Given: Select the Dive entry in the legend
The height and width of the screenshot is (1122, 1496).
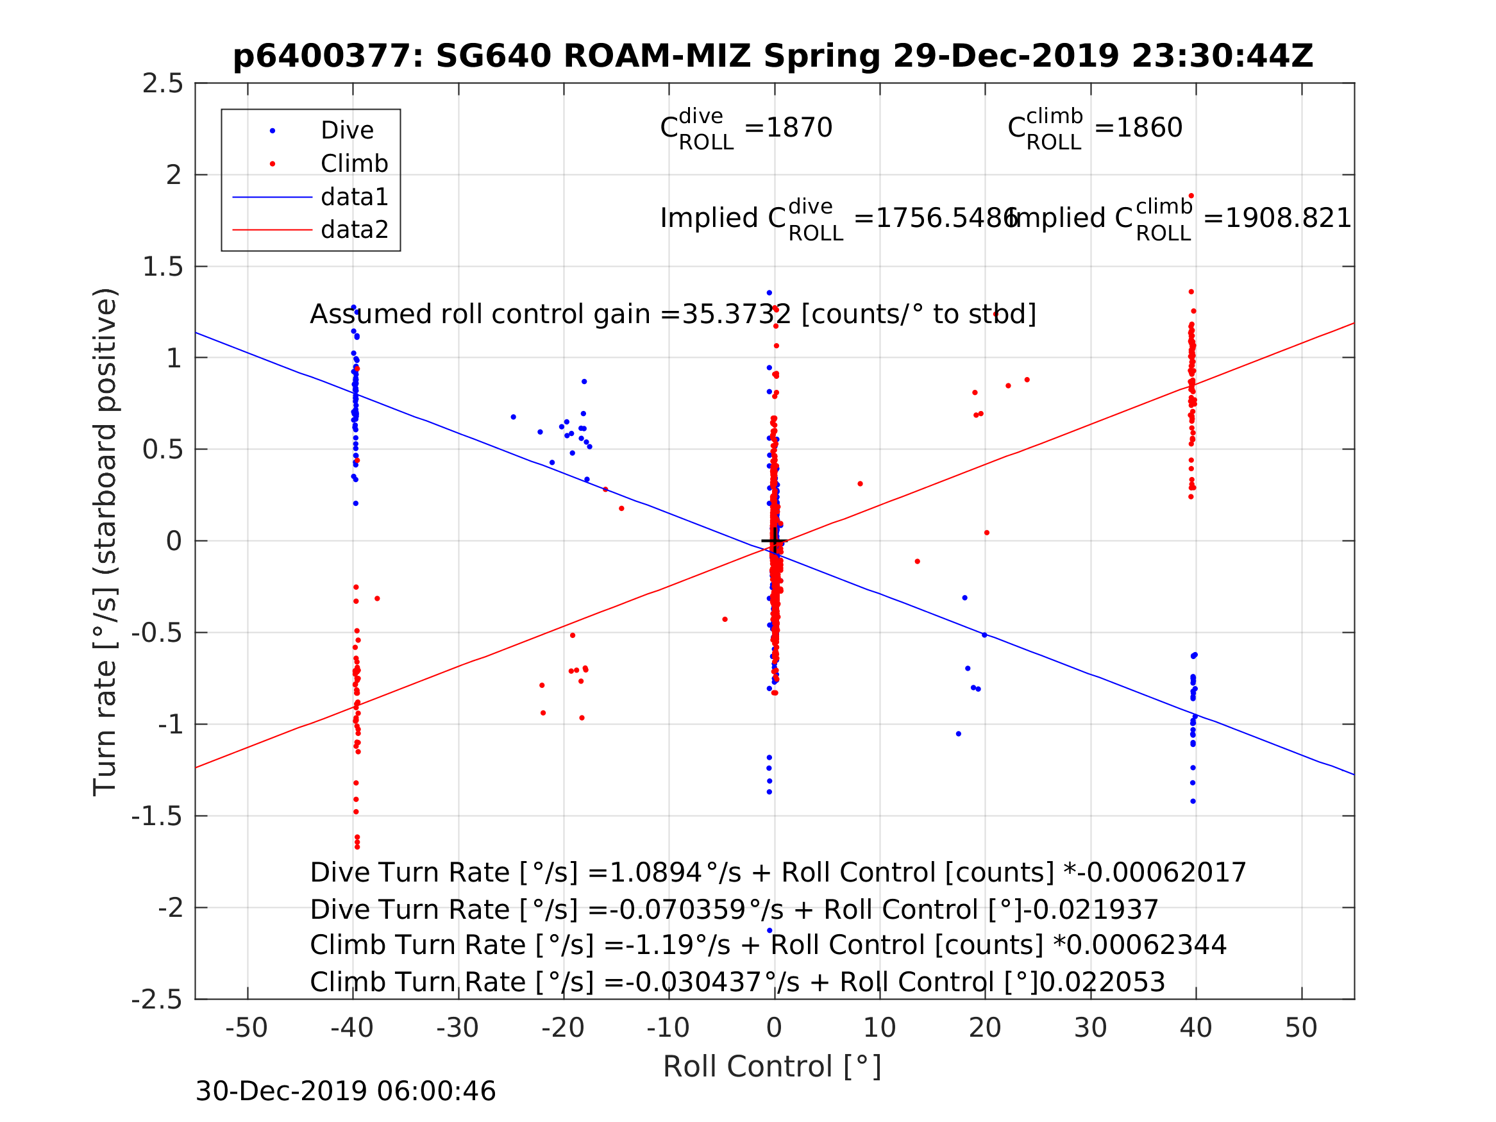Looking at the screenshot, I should pos(347,131).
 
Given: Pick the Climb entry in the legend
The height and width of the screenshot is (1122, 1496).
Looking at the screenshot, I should pos(355,163).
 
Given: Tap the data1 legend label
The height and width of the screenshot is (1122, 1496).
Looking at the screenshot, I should pos(355,197).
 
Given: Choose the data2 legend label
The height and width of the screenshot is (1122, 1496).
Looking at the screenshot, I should pos(355,230).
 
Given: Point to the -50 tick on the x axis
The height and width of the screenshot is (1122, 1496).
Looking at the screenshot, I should pos(247,1028).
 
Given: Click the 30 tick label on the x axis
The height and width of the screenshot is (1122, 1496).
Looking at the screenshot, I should pos(1090,1028).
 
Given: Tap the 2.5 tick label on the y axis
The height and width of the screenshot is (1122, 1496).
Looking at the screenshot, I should pos(162,84).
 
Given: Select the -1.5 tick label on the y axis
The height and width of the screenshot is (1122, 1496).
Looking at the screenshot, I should pos(157,817).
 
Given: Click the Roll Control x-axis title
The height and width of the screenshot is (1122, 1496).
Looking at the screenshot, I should pos(771,1068).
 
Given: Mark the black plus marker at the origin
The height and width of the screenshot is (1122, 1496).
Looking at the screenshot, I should pos(775,541).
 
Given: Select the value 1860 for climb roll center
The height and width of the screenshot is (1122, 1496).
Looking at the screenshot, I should pos(1149,128).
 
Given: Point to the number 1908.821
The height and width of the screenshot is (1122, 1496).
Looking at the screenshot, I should pos(1288,219).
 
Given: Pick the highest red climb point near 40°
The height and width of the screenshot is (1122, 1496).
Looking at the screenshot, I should pos(1191,196).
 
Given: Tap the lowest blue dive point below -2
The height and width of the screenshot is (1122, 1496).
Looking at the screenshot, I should pos(769,930).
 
